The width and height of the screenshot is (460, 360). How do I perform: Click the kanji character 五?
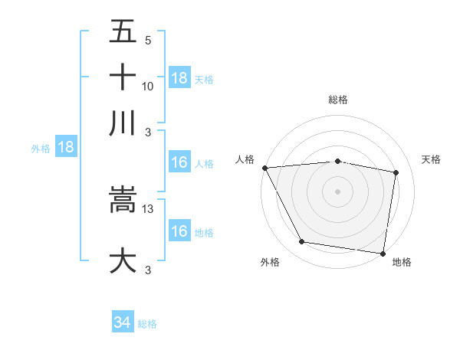pos(123,33)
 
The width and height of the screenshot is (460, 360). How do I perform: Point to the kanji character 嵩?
pos(123,200)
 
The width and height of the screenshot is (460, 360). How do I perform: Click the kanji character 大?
pos(123,260)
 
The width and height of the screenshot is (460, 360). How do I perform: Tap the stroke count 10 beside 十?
pos(148,87)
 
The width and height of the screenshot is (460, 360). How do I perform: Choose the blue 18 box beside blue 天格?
pos(179,78)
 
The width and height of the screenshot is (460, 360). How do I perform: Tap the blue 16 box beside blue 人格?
pos(179,162)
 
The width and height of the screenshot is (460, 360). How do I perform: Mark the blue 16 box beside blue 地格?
pos(179,231)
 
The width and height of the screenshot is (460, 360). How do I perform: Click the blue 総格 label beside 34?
pos(147,324)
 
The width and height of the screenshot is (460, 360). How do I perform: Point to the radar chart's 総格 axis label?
pos(338,100)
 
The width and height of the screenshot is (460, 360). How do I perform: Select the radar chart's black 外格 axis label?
pos(270,262)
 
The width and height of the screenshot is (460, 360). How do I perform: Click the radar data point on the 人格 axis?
pos(264,168)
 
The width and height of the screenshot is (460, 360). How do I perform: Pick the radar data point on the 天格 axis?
pos(396,172)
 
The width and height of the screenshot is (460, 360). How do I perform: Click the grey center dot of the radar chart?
pos(338,191)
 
